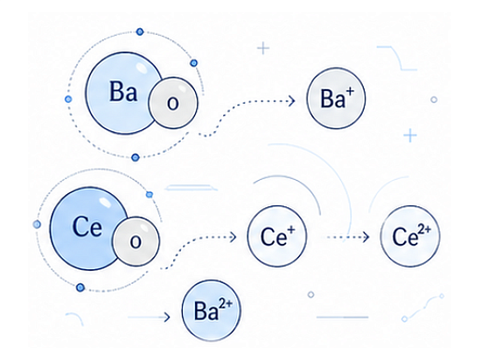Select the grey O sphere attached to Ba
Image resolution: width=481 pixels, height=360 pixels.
(x=173, y=102)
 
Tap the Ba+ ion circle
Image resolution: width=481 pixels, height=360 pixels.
(x=336, y=98)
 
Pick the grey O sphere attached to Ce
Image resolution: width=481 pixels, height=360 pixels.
(x=136, y=241)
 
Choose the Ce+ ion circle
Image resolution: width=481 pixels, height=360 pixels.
(x=277, y=236)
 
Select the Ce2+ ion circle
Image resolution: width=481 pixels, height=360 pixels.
(x=410, y=236)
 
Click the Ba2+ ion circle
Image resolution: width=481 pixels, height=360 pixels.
(x=212, y=310)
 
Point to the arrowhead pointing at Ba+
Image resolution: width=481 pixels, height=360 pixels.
(x=292, y=100)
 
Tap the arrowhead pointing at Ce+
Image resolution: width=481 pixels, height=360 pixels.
(x=234, y=237)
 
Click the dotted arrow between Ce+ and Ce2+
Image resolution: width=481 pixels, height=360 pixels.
(x=347, y=237)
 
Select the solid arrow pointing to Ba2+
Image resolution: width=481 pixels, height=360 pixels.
(x=149, y=317)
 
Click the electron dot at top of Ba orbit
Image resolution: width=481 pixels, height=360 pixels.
(x=140, y=31)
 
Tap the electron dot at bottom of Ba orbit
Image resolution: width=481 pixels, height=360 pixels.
(x=136, y=157)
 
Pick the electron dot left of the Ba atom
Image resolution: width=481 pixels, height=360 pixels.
(x=68, y=99)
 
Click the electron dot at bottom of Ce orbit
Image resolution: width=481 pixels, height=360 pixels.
(x=80, y=287)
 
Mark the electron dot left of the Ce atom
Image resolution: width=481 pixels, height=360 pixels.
(x=37, y=225)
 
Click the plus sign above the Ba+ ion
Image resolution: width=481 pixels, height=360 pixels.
(x=263, y=48)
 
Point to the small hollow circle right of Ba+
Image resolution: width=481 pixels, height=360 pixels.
(x=434, y=100)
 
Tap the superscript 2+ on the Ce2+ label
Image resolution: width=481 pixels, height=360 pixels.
(x=424, y=230)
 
